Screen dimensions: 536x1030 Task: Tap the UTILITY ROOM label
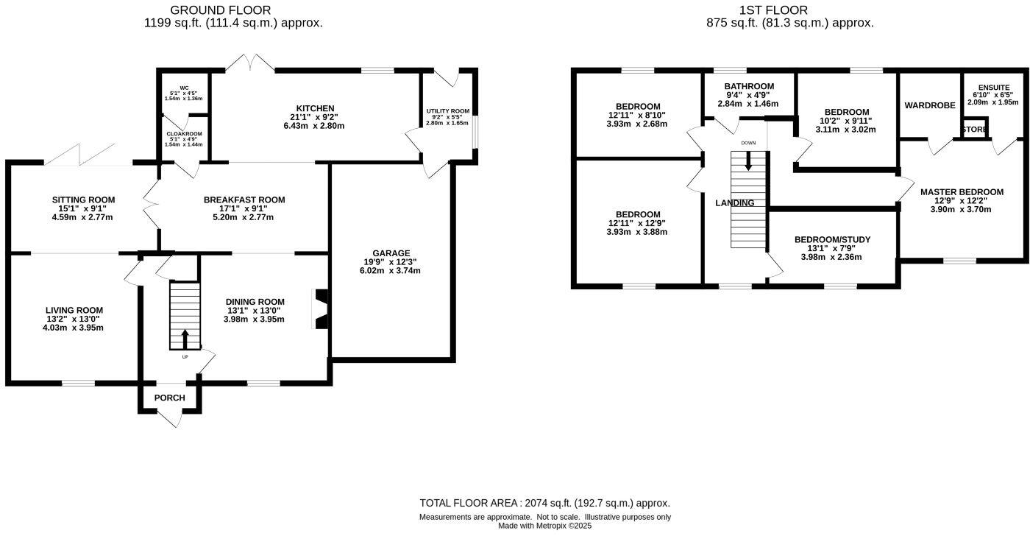[x=447, y=111]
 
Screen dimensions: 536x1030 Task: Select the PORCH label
[x=169, y=398]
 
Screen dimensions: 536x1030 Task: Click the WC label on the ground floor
[x=174, y=88]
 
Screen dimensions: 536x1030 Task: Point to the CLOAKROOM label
[x=184, y=134]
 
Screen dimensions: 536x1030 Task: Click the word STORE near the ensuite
[x=975, y=130]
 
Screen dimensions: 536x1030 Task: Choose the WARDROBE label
[x=930, y=105]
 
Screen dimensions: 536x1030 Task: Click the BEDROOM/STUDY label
[x=832, y=239]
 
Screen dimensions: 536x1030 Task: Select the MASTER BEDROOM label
[x=962, y=191]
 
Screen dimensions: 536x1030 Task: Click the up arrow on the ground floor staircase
[x=185, y=339]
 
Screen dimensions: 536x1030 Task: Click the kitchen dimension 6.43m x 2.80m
[x=314, y=126]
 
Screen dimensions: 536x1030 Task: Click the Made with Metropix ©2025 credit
[x=544, y=526]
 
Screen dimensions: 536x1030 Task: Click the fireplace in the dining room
[x=322, y=308]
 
